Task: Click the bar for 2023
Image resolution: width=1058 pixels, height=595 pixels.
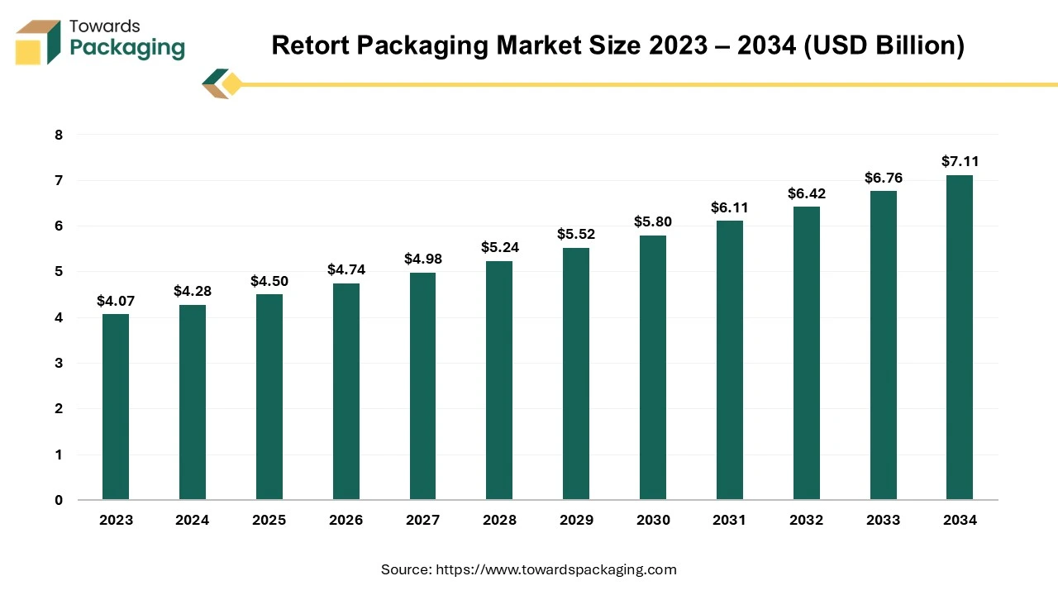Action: tap(116, 407)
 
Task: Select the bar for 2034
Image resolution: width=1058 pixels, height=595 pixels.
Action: tap(960, 337)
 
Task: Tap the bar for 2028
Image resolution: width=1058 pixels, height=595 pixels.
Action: tap(499, 380)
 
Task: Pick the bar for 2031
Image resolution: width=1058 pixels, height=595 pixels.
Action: tap(730, 360)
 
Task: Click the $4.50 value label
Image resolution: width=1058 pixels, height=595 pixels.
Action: tap(269, 281)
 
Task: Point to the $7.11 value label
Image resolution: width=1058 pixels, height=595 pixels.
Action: tap(960, 162)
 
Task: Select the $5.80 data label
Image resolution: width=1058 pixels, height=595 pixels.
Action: tap(653, 221)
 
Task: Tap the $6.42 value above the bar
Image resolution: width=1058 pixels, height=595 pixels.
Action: tap(806, 193)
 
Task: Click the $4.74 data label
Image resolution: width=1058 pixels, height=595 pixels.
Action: tap(346, 269)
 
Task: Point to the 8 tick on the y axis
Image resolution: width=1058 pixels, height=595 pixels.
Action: tap(58, 135)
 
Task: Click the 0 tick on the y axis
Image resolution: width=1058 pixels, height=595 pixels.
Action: tap(58, 500)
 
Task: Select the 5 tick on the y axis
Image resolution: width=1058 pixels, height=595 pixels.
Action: tap(58, 272)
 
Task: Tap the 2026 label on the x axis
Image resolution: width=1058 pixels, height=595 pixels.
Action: tap(346, 521)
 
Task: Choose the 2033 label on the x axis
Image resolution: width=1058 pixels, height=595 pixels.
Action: tap(883, 521)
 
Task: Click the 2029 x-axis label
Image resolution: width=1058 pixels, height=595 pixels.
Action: tap(576, 521)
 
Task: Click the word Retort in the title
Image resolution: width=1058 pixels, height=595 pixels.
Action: tap(309, 45)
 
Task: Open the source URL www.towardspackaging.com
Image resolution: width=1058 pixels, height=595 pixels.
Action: tap(557, 569)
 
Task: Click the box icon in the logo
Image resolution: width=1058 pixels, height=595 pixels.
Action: tap(37, 42)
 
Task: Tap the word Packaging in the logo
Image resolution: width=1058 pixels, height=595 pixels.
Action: tap(127, 49)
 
